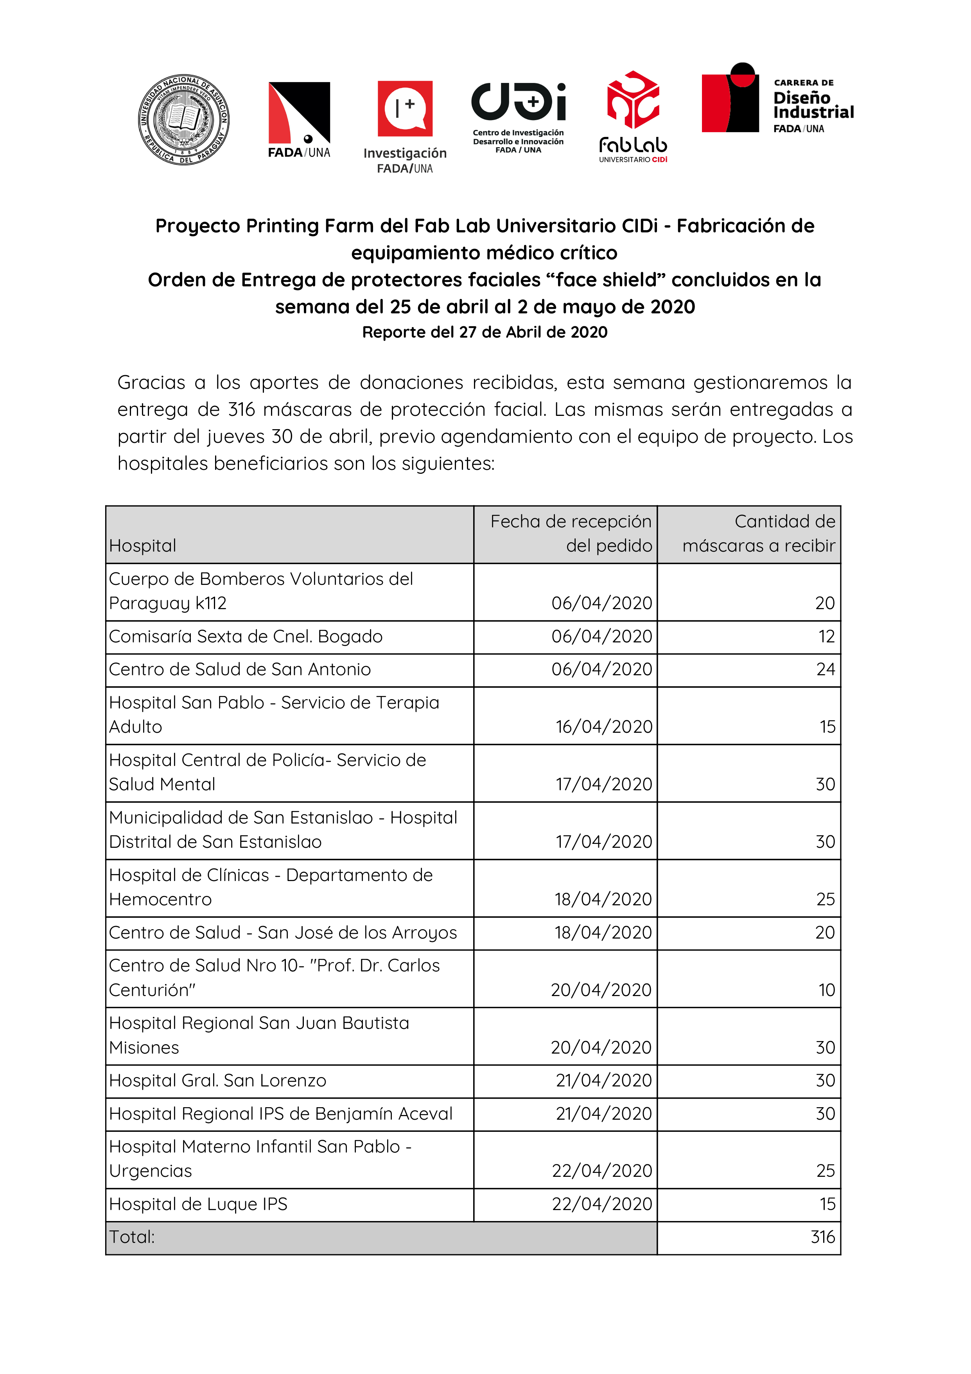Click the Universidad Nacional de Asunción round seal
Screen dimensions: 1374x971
coord(184,120)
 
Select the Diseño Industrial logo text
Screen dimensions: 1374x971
coord(813,105)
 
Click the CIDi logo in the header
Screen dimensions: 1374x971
coord(518,102)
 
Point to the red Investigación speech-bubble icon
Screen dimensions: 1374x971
coord(405,108)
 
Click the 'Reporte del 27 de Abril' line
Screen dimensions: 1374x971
coord(485,332)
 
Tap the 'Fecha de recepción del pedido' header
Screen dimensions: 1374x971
coord(571,534)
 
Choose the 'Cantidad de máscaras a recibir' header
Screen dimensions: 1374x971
coord(759,534)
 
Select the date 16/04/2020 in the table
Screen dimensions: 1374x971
coord(604,727)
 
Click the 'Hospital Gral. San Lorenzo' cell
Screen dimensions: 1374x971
coord(218,1081)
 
